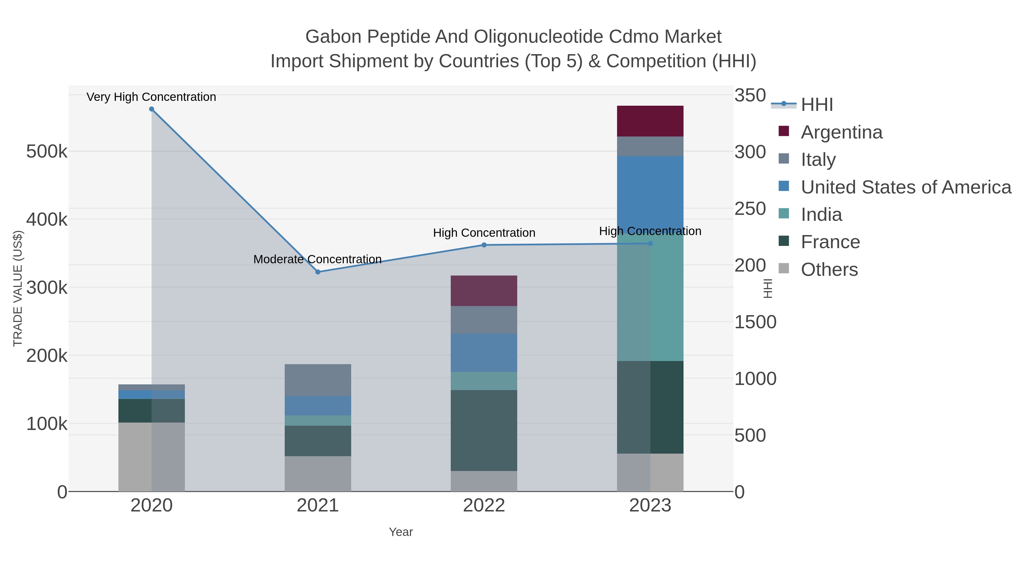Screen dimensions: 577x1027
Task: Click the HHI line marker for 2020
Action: point(151,109)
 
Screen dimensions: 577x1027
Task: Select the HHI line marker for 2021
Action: point(318,272)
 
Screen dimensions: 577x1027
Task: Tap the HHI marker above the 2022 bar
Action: point(484,245)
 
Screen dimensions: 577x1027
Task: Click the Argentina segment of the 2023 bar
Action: point(650,121)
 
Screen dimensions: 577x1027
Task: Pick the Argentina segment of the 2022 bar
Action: point(484,291)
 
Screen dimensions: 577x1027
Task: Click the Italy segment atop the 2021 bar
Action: point(318,380)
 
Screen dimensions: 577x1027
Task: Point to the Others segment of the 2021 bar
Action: point(318,474)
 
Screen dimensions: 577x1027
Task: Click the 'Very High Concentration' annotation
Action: point(151,97)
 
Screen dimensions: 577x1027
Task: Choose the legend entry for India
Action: point(821,215)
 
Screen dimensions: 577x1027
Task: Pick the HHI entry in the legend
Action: point(816,105)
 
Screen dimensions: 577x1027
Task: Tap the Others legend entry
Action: point(829,270)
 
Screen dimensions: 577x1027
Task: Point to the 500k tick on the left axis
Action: point(47,152)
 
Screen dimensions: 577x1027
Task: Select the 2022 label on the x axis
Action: point(484,506)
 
